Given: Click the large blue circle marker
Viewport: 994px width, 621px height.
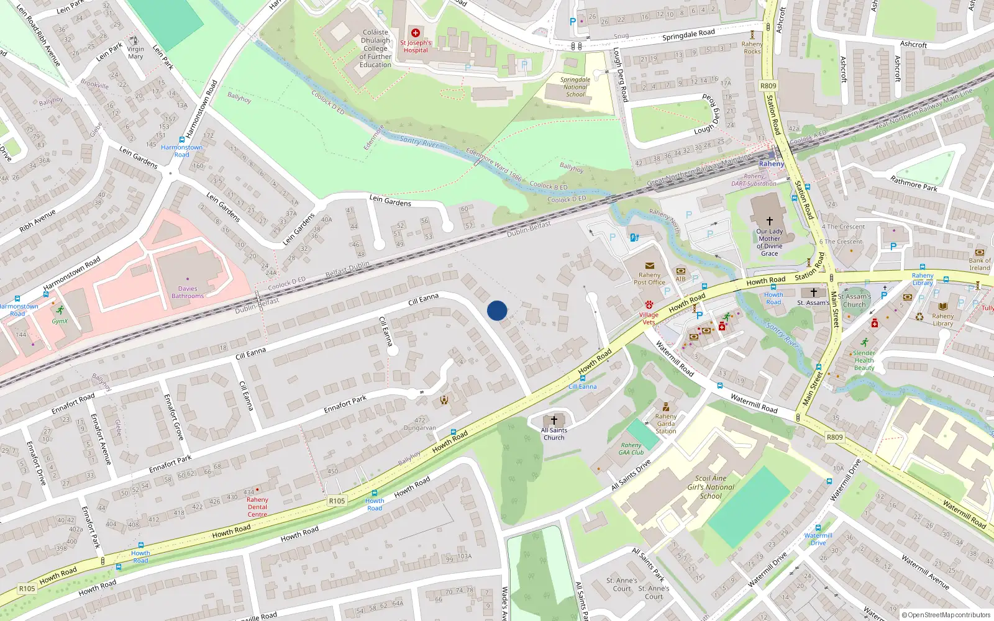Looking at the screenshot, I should [x=497, y=310].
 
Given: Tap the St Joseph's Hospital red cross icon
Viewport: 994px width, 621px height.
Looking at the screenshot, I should [x=416, y=33].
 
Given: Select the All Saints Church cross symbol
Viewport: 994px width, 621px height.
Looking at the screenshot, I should [x=554, y=420].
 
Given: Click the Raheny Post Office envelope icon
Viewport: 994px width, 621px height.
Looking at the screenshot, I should [x=649, y=265].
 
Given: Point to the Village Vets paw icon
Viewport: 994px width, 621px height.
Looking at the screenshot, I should [x=649, y=305].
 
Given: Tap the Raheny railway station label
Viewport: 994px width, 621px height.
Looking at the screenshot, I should [x=771, y=164].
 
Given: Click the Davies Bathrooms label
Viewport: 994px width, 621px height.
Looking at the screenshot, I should [x=188, y=292].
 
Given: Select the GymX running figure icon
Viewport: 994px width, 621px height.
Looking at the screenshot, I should [x=60, y=310].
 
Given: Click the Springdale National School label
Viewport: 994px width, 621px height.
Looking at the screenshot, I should [x=575, y=87].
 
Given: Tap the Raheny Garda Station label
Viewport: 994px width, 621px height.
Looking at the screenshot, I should [x=665, y=424].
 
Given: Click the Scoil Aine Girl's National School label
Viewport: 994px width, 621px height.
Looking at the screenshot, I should [x=711, y=487].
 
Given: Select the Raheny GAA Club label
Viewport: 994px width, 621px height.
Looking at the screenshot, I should [x=631, y=448].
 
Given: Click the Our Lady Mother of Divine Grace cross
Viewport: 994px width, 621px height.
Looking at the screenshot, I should [x=770, y=220].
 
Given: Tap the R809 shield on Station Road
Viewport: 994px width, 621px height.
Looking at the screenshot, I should [x=768, y=86].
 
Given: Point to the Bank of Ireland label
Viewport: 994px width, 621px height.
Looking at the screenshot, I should [x=980, y=264].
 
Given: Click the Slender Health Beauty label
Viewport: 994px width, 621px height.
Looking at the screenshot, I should [x=864, y=360].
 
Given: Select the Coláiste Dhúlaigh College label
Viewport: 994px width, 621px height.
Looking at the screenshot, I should [x=375, y=48].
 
